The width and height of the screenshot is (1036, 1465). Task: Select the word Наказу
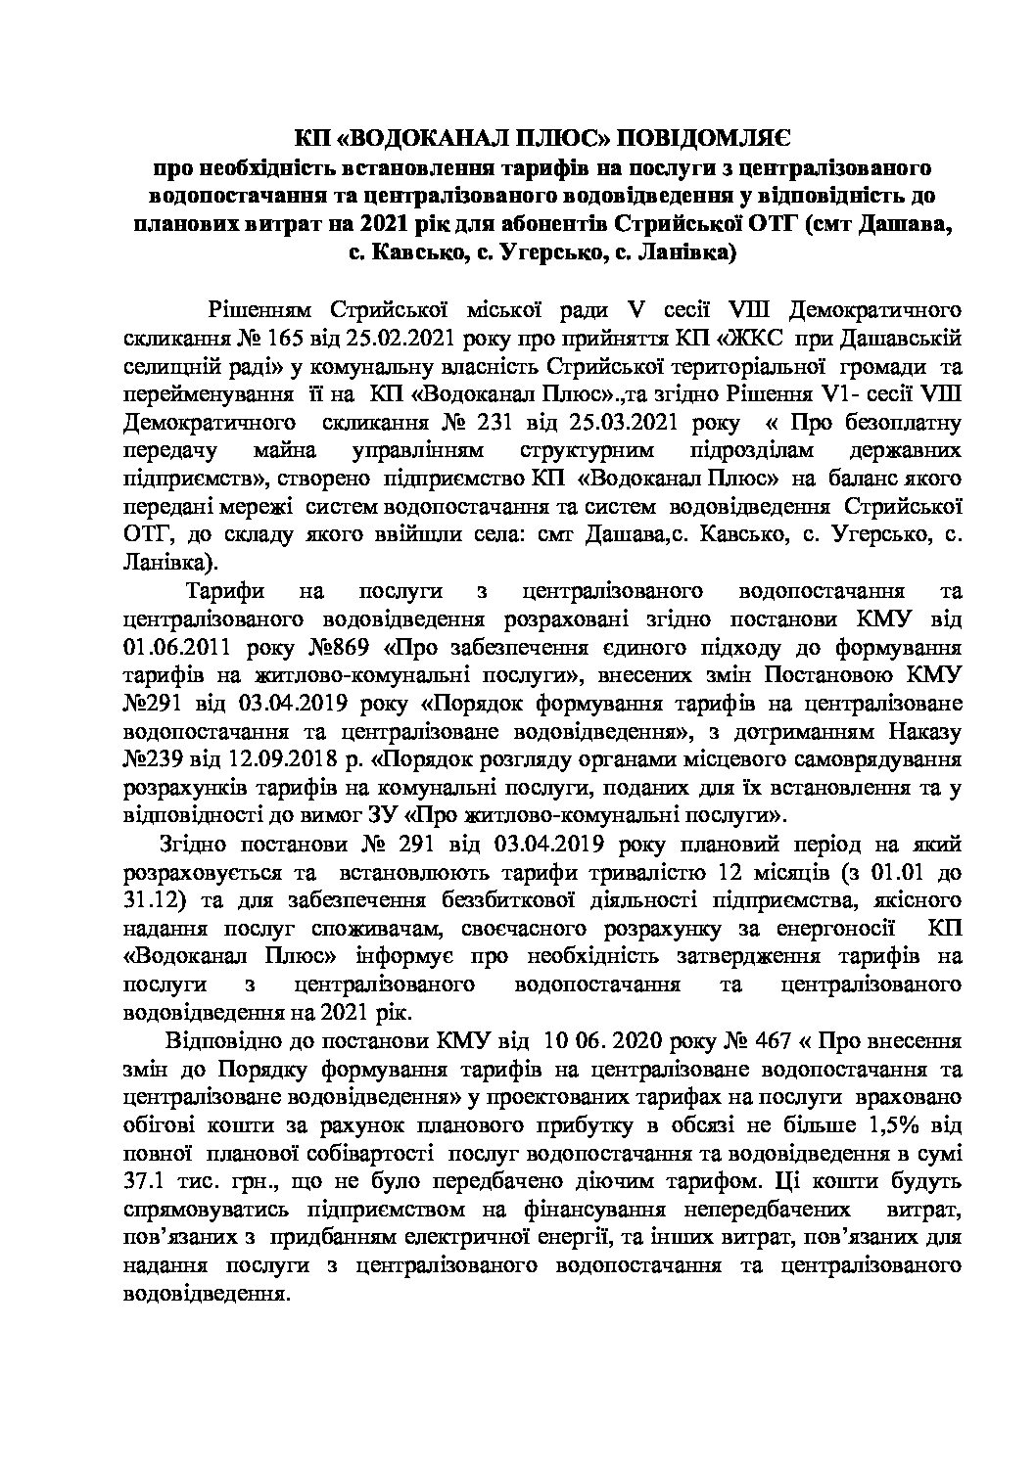tap(925, 732)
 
